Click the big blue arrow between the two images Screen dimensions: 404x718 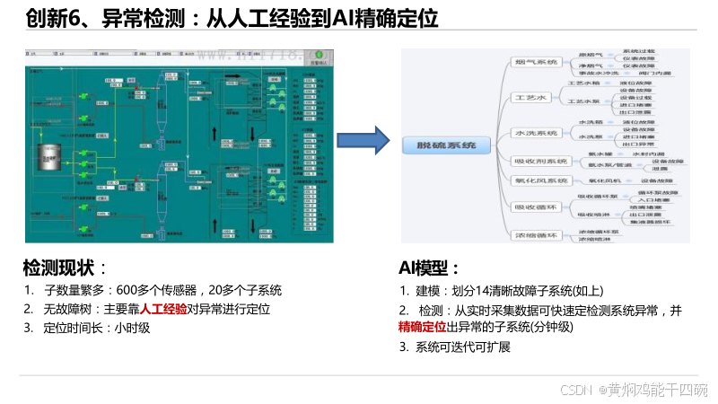click(x=363, y=140)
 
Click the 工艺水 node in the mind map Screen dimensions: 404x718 click(x=530, y=97)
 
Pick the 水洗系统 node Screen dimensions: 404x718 click(x=535, y=133)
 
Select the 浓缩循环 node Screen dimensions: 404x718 click(x=535, y=235)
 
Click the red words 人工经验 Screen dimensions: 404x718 click(x=164, y=309)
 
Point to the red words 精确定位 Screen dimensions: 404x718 click(x=423, y=328)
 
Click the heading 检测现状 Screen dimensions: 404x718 click(x=59, y=268)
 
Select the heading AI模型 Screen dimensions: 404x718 click(x=428, y=268)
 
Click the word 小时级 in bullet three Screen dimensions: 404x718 click(x=132, y=328)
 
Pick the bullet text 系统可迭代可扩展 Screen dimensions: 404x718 click(x=463, y=347)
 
